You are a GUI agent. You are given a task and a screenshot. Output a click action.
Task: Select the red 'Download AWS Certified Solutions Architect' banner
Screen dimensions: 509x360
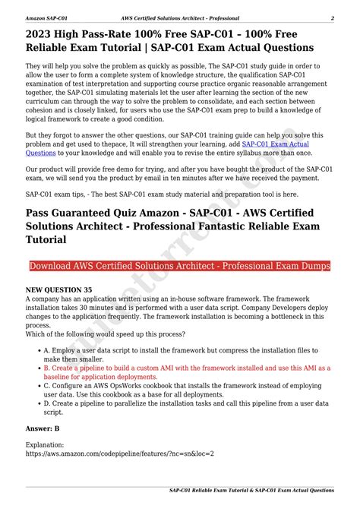click(x=179, y=266)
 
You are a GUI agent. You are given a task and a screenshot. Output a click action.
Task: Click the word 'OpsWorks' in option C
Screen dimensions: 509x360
click(x=126, y=385)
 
